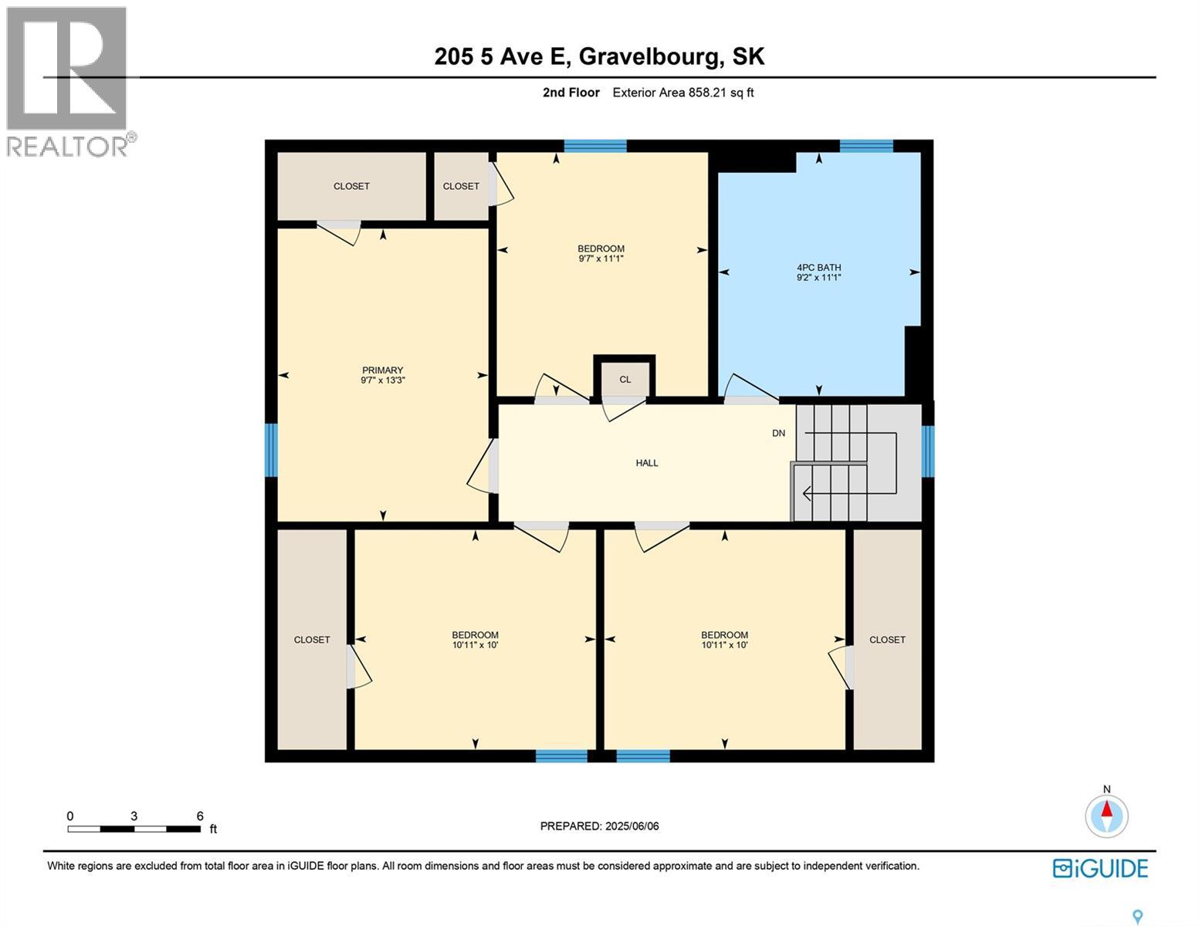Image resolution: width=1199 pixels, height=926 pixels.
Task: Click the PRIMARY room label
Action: click(383, 370)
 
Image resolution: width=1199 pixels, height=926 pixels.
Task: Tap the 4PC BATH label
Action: click(818, 268)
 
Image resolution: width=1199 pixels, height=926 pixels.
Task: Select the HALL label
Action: click(647, 463)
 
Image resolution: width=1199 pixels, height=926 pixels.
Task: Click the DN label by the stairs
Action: click(778, 433)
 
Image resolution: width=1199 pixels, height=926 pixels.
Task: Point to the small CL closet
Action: click(625, 379)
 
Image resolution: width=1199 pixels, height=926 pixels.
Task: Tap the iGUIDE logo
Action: click(1100, 868)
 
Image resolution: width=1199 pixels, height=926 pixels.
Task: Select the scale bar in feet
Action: click(134, 829)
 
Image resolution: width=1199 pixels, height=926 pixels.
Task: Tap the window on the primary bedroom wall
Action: click(271, 450)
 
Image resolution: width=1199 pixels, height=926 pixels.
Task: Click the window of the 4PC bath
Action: click(865, 146)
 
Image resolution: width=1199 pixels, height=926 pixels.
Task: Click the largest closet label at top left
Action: click(351, 186)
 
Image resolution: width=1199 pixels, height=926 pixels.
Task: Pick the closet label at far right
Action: click(887, 640)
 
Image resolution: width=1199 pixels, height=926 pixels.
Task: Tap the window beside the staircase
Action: click(927, 451)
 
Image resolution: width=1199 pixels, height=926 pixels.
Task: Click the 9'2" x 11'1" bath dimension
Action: click(818, 277)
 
